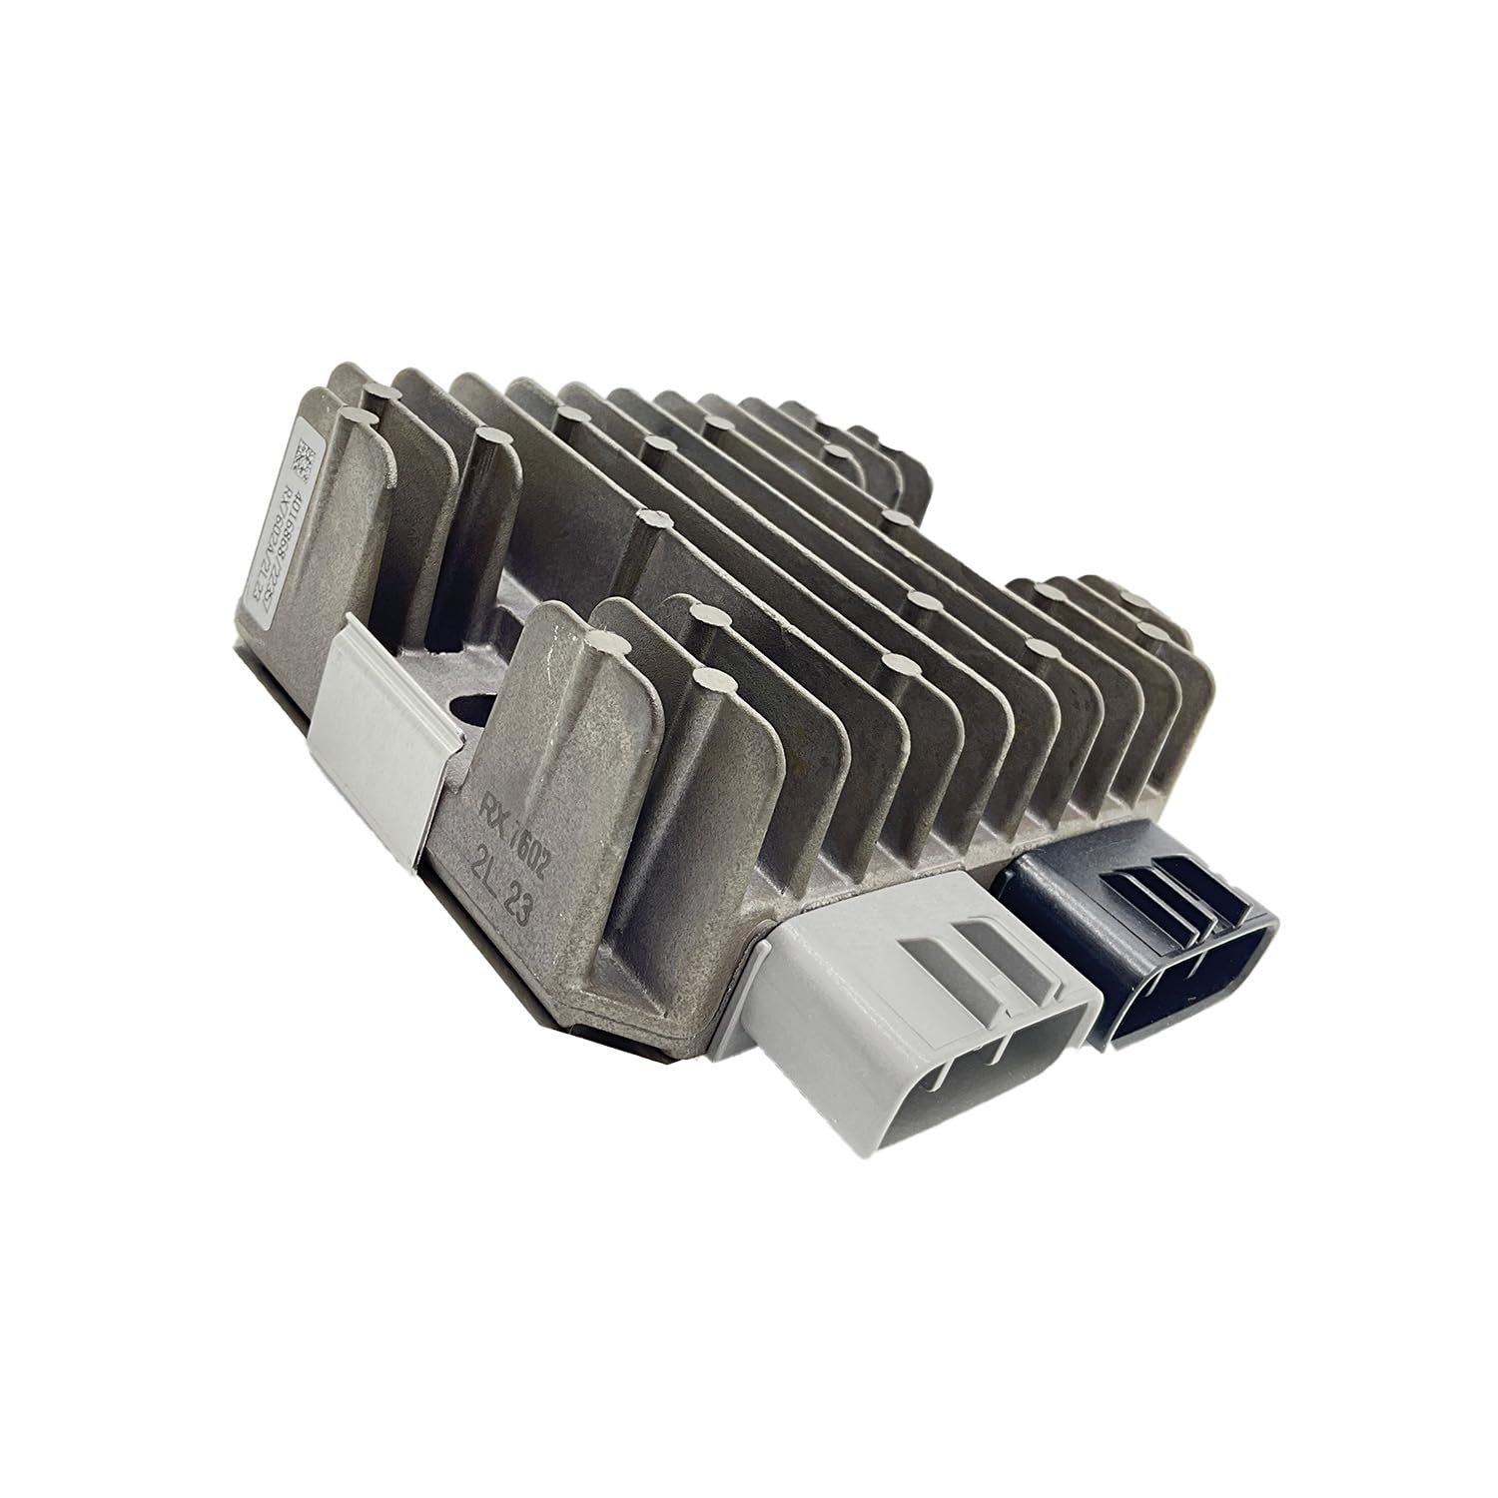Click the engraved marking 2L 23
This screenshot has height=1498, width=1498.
pos(512,881)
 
